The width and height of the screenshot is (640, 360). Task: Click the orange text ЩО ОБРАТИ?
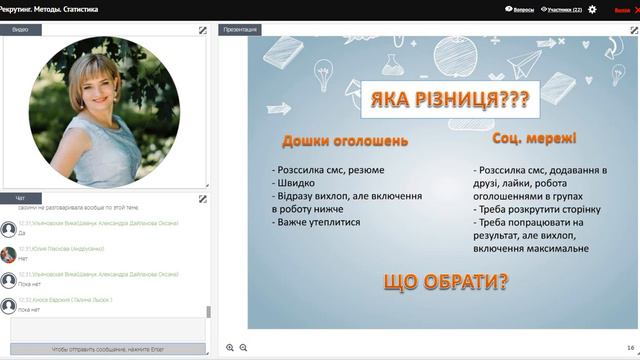click(x=445, y=281)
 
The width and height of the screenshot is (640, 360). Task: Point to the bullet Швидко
click(x=297, y=183)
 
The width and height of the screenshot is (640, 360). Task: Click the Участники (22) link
click(x=561, y=9)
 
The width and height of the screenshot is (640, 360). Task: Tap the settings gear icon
click(x=592, y=9)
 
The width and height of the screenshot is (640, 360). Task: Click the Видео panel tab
click(x=20, y=30)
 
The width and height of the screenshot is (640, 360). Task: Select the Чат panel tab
click(x=20, y=198)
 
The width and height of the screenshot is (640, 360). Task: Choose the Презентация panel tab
click(x=241, y=30)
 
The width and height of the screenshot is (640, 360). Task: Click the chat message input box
click(x=107, y=328)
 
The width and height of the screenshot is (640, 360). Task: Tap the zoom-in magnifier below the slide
click(x=230, y=347)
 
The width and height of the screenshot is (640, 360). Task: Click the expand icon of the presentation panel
click(x=631, y=30)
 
